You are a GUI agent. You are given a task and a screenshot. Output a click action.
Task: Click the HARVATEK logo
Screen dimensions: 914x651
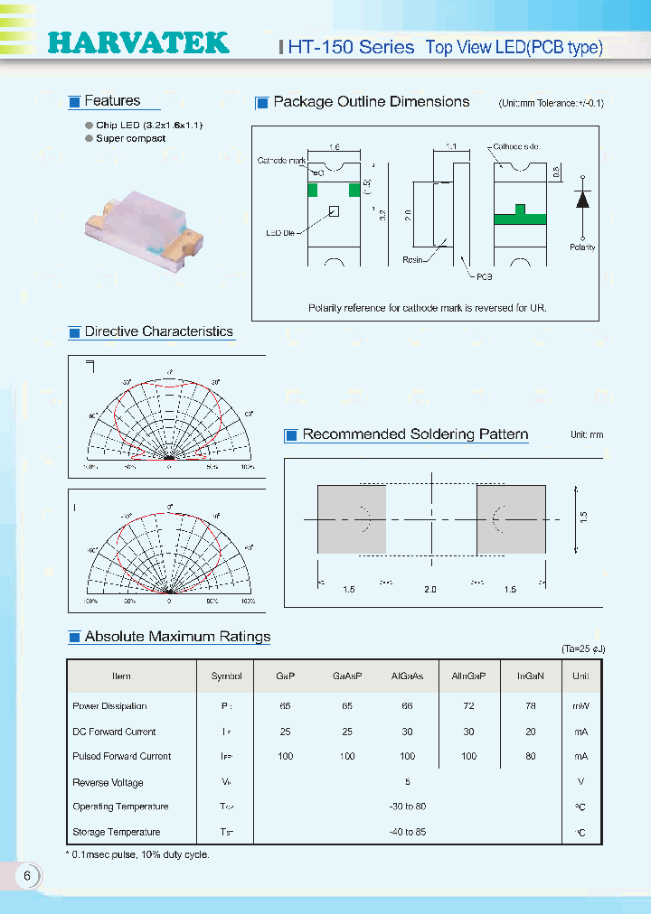[137, 42]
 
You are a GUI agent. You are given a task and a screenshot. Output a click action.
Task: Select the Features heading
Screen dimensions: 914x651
[112, 101]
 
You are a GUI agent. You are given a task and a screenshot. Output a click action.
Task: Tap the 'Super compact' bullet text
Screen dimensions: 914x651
[131, 139]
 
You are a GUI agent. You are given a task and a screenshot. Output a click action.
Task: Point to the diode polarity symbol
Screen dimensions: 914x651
[583, 201]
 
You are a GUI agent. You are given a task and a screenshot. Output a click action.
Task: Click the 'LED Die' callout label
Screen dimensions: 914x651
[281, 231]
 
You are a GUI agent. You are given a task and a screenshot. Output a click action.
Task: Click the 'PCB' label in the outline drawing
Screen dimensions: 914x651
[486, 277]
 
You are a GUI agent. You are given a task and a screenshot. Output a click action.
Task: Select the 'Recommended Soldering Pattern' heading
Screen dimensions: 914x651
[415, 434]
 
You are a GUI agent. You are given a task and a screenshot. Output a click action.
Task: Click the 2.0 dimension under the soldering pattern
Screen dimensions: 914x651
[429, 589]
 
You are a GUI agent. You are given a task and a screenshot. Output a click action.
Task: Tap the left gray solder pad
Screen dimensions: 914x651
[351, 519]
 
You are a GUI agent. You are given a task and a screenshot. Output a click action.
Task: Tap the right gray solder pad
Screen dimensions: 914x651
[511, 519]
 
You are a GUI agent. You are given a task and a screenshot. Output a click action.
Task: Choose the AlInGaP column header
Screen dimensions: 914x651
[468, 676]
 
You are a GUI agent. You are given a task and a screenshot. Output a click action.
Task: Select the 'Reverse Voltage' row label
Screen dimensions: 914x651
[108, 782]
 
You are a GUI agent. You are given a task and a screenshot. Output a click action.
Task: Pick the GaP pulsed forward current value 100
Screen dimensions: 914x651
[286, 757]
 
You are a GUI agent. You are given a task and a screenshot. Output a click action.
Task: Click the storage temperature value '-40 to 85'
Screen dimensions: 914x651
[408, 832]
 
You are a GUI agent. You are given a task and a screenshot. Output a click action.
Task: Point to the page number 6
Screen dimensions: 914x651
[27, 875]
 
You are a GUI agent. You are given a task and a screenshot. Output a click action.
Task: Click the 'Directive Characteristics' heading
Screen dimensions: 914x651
[159, 332]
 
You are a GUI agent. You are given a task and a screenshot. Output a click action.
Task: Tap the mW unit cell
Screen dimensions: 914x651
[580, 706]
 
